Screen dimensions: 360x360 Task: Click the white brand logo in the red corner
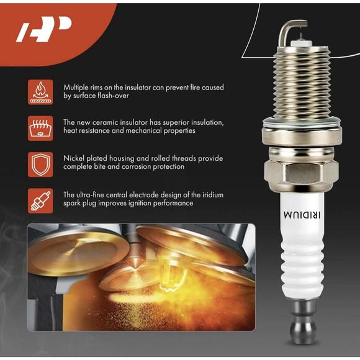point(43,29)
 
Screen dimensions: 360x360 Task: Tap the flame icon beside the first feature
point(40,92)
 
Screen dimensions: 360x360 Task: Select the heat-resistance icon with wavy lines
point(40,128)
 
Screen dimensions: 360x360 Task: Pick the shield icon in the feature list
point(40,164)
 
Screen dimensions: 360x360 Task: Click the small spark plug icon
point(40,201)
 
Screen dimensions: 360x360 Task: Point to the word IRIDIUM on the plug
point(302,215)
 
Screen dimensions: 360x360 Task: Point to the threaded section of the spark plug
point(302,83)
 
